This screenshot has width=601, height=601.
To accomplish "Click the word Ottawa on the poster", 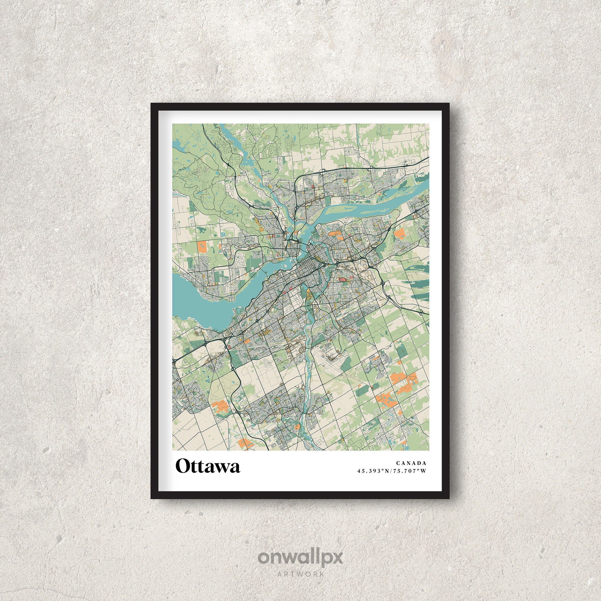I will (x=208, y=466).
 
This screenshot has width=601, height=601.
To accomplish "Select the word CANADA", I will (x=411, y=464).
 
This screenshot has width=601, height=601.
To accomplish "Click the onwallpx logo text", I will (x=300, y=557).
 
